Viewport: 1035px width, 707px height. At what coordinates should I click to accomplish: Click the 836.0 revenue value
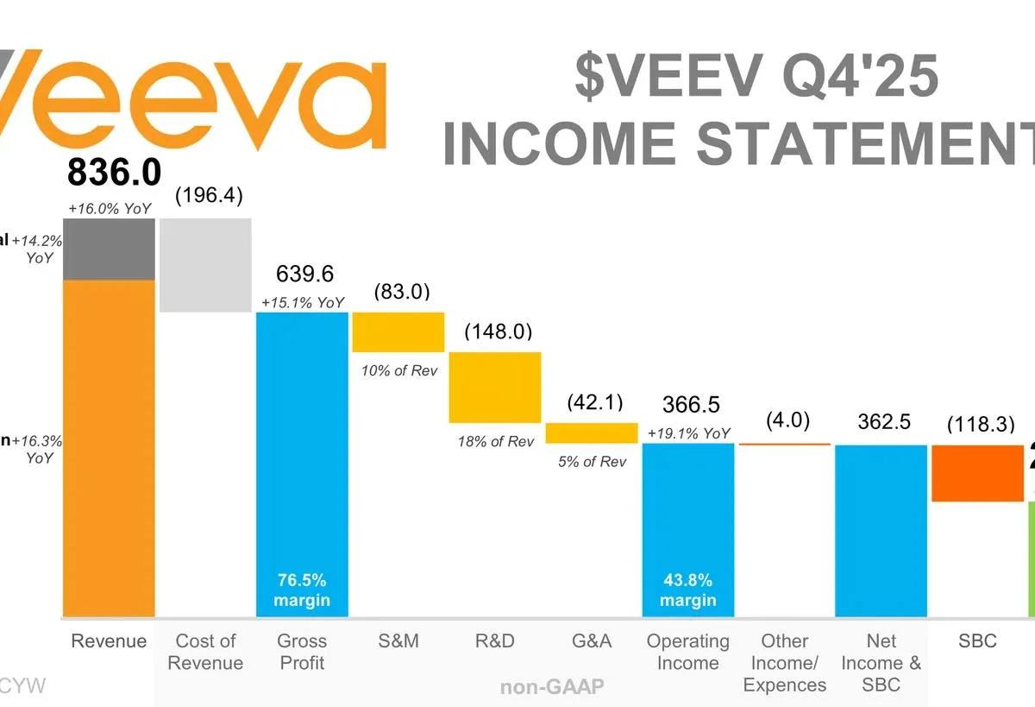click(x=114, y=174)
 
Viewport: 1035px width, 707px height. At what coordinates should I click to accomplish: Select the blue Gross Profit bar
click(x=302, y=449)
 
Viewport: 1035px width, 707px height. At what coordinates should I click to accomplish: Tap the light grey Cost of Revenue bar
click(x=205, y=265)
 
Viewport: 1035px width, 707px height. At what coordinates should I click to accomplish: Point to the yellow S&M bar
click(x=398, y=332)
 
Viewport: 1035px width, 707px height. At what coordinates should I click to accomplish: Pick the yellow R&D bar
click(x=495, y=388)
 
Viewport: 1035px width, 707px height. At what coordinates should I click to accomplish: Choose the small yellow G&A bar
click(x=591, y=433)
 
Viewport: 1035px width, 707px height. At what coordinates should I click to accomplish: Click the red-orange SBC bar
click(x=977, y=473)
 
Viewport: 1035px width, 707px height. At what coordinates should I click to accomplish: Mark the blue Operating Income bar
click(x=688, y=518)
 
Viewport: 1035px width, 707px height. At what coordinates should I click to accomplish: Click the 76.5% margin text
click(x=302, y=589)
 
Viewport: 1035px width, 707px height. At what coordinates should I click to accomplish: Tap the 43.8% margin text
click(x=688, y=589)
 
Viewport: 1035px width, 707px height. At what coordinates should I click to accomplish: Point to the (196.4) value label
click(x=209, y=196)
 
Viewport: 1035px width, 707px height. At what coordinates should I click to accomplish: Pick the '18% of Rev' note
click(x=496, y=441)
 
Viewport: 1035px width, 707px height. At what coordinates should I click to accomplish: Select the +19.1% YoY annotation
click(x=688, y=433)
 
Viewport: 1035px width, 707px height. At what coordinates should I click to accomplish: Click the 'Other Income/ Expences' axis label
click(x=784, y=663)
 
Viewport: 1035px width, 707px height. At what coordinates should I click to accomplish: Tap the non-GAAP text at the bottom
click(x=552, y=687)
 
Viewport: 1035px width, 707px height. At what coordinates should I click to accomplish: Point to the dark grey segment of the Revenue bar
click(x=109, y=249)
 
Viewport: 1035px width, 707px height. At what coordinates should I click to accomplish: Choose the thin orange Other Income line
click(x=784, y=444)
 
